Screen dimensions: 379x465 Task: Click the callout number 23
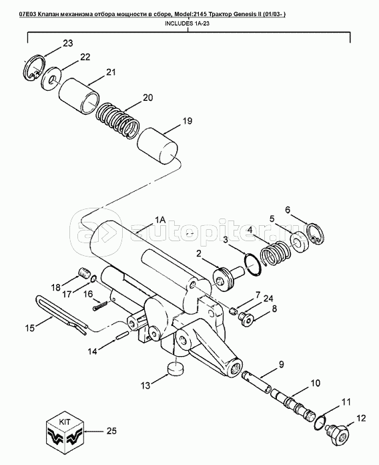point(68,43)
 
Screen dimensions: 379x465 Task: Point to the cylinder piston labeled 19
point(157,146)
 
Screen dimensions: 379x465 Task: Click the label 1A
point(159,220)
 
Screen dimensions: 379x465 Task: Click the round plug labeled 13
point(176,369)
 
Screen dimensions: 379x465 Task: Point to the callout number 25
point(111,431)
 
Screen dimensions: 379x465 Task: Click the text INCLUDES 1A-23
point(187,24)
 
